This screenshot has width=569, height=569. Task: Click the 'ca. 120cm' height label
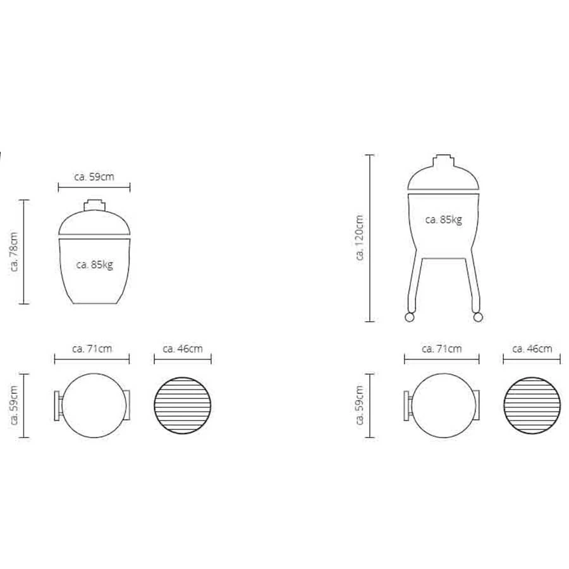point(360,237)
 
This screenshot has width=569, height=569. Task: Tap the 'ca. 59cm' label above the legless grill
point(94,177)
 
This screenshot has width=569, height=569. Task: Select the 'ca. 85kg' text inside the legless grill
point(94,265)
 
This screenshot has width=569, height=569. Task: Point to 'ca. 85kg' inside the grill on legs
point(443,220)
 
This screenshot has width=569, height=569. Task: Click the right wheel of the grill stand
point(478,315)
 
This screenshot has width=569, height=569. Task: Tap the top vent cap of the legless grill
point(94,204)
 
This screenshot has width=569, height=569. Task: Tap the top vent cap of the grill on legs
point(443,157)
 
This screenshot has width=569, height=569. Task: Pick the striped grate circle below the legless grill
point(183,405)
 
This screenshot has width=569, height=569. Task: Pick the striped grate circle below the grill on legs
point(532,405)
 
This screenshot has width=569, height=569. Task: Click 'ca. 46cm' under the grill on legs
point(532,348)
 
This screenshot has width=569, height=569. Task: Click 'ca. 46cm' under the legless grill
point(183,348)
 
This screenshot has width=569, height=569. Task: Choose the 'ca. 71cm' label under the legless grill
point(92,348)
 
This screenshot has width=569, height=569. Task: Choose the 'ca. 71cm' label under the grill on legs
point(441,348)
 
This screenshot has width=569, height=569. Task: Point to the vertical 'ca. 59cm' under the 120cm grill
point(360,405)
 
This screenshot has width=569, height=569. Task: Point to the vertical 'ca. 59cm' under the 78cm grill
point(15,405)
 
